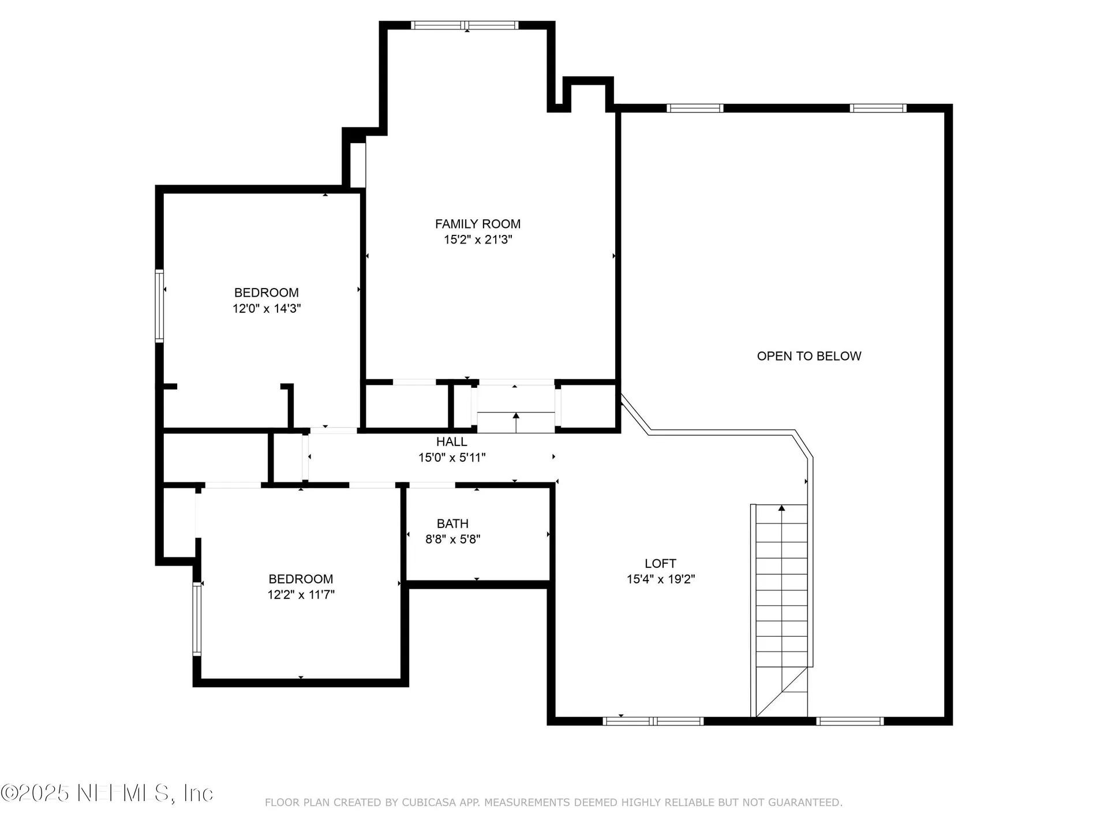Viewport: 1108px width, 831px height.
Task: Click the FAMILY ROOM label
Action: tap(477, 224)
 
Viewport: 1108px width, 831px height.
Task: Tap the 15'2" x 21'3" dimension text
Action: tap(477, 239)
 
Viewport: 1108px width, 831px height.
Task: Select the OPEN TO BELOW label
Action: tap(808, 356)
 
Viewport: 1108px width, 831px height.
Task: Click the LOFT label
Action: tap(660, 563)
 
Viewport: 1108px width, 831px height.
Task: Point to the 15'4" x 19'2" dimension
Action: tap(660, 579)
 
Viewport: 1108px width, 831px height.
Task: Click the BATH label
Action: tap(452, 523)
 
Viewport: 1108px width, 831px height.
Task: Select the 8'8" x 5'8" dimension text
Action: tap(452, 539)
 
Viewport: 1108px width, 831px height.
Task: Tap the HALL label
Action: tap(451, 441)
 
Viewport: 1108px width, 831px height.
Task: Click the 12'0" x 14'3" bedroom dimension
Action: tap(266, 308)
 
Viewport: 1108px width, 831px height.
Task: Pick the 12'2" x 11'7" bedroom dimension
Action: tap(301, 594)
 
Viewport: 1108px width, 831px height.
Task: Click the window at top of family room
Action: tap(465, 25)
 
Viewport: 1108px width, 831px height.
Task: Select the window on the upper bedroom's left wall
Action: tap(159, 306)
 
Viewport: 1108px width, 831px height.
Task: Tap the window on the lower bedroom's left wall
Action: tap(197, 619)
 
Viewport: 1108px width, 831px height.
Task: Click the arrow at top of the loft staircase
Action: tap(781, 508)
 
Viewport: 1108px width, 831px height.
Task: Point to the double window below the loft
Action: tap(653, 721)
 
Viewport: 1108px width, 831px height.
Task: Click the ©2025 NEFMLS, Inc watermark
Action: tap(107, 793)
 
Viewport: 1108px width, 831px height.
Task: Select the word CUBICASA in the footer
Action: tap(428, 802)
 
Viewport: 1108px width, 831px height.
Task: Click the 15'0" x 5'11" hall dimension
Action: tap(451, 458)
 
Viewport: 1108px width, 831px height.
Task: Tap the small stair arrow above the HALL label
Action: tap(516, 415)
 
